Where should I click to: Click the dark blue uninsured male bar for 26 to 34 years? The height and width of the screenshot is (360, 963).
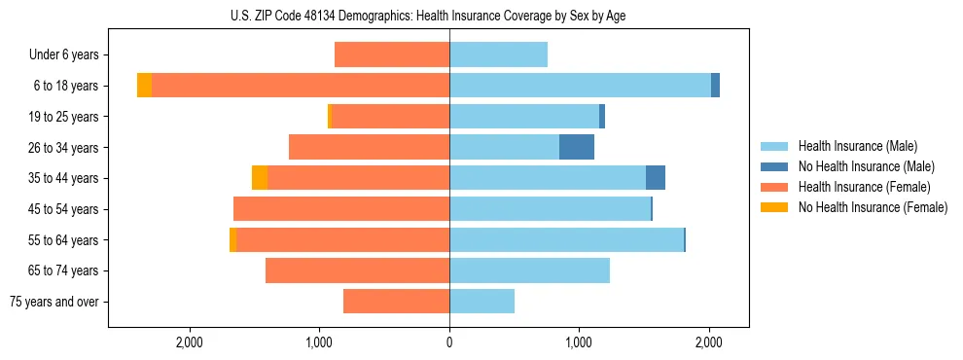coord(576,147)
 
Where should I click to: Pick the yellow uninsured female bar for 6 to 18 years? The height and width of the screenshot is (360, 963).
coord(144,86)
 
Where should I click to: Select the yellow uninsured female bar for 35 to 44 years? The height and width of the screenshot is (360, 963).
coord(260,178)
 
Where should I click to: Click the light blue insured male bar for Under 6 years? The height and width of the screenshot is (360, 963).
coord(498,54)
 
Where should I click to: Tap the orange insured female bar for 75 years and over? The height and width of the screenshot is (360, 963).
coord(396,302)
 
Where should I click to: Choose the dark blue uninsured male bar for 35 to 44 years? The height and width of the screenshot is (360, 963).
coord(656,178)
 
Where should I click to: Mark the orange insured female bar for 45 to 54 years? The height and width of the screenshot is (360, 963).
coord(341,209)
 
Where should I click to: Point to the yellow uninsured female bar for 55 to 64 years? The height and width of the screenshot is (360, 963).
coord(232,239)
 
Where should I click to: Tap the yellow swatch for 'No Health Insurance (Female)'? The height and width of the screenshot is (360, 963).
coord(774,207)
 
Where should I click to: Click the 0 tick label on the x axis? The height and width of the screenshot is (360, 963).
coord(449,342)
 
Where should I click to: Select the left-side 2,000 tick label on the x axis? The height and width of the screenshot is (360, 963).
coord(189,342)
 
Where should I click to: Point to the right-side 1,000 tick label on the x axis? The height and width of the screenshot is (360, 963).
coord(579,342)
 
